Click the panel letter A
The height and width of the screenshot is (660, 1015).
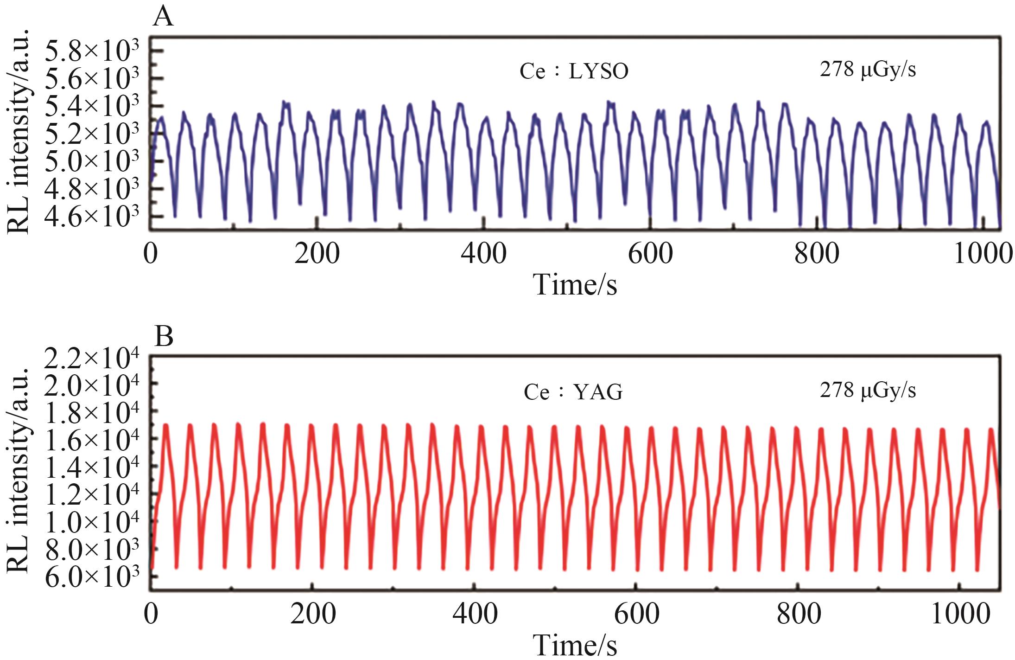coord(163,18)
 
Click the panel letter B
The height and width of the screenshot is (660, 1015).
coord(164,337)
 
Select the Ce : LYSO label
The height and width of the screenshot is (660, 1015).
coord(574,72)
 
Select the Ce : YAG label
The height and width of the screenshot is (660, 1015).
coord(573,392)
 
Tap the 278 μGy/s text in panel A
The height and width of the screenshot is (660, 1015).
coord(868,70)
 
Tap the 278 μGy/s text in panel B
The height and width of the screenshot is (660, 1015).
coord(868,391)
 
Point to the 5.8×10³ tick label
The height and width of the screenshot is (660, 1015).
coord(92,52)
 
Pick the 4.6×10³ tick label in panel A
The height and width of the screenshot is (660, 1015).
coord(92,217)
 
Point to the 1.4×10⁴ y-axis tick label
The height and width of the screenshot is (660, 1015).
coord(92,468)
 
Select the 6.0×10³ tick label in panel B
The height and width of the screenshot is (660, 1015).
coord(92,577)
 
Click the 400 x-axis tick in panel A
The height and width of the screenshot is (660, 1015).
coord(483,254)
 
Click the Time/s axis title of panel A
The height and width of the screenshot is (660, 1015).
coord(575,284)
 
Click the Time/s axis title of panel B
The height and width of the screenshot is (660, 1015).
coord(575,645)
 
